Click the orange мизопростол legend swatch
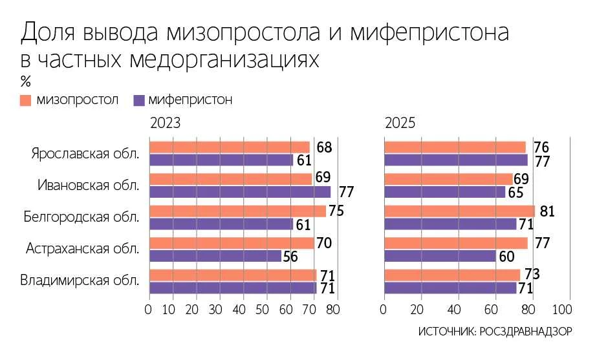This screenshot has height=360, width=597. (25, 100)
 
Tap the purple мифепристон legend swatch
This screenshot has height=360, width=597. (139, 100)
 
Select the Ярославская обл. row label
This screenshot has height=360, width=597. (85, 154)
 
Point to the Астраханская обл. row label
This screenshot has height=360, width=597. (83, 248)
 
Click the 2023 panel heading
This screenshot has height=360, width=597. (165, 123)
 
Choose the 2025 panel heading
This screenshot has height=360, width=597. (400, 123)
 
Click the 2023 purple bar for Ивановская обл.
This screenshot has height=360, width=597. (240, 192)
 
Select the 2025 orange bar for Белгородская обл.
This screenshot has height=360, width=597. (460, 211)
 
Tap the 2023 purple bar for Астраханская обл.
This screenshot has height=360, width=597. (215, 256)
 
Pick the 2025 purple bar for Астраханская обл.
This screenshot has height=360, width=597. (440, 256)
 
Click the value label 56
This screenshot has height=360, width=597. (290, 257)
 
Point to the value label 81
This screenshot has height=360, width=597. (547, 211)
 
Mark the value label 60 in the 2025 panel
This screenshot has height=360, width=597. (506, 257)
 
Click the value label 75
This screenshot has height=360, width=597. (336, 211)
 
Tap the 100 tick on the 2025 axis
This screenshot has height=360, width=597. (562, 310)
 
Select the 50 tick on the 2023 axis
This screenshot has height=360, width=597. (263, 310)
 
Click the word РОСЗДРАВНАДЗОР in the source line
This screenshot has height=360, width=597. (526, 332)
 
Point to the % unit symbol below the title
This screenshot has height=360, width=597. (25, 81)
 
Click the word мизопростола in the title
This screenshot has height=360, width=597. (244, 32)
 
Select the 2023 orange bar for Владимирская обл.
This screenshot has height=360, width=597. (233, 275)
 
